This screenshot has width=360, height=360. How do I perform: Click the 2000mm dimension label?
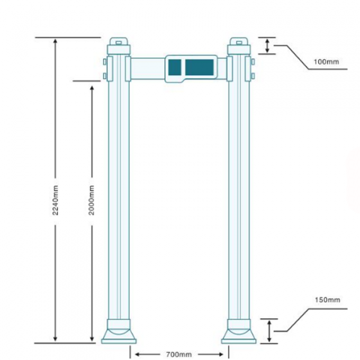[92, 200]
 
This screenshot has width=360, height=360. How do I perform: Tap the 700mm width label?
[179, 353]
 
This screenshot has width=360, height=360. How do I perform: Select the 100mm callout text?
[326, 62]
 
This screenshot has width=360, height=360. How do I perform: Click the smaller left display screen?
[174, 67]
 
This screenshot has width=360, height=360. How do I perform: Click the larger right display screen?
[200, 67]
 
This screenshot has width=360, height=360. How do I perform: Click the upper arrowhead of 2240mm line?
[55, 41]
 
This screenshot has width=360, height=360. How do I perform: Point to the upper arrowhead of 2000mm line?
[92, 85]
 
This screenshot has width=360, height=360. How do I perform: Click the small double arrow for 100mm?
[267, 46]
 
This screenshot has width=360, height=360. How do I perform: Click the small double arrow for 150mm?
[269, 331]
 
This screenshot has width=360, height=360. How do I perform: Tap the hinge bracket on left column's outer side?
[105, 69]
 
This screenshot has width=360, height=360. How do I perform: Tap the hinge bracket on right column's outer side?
[253, 69]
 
